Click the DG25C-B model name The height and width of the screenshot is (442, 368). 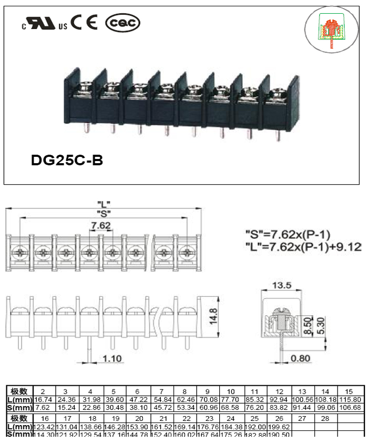pos(67,159)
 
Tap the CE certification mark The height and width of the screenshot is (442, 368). pos(85,23)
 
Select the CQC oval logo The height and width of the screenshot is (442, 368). pos(123,23)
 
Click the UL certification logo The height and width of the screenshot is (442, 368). pos(45,24)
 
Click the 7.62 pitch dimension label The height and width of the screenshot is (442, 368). pos(100,226)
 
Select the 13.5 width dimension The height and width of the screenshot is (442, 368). pos(282,286)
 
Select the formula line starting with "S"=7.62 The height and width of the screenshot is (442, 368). pos(295,234)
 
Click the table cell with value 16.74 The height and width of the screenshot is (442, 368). pos(43,400)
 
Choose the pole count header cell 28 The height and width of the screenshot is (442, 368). pos(325,418)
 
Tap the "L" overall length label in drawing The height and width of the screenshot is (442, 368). pos(104,203)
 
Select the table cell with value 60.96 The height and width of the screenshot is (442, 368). pos(208,408)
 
